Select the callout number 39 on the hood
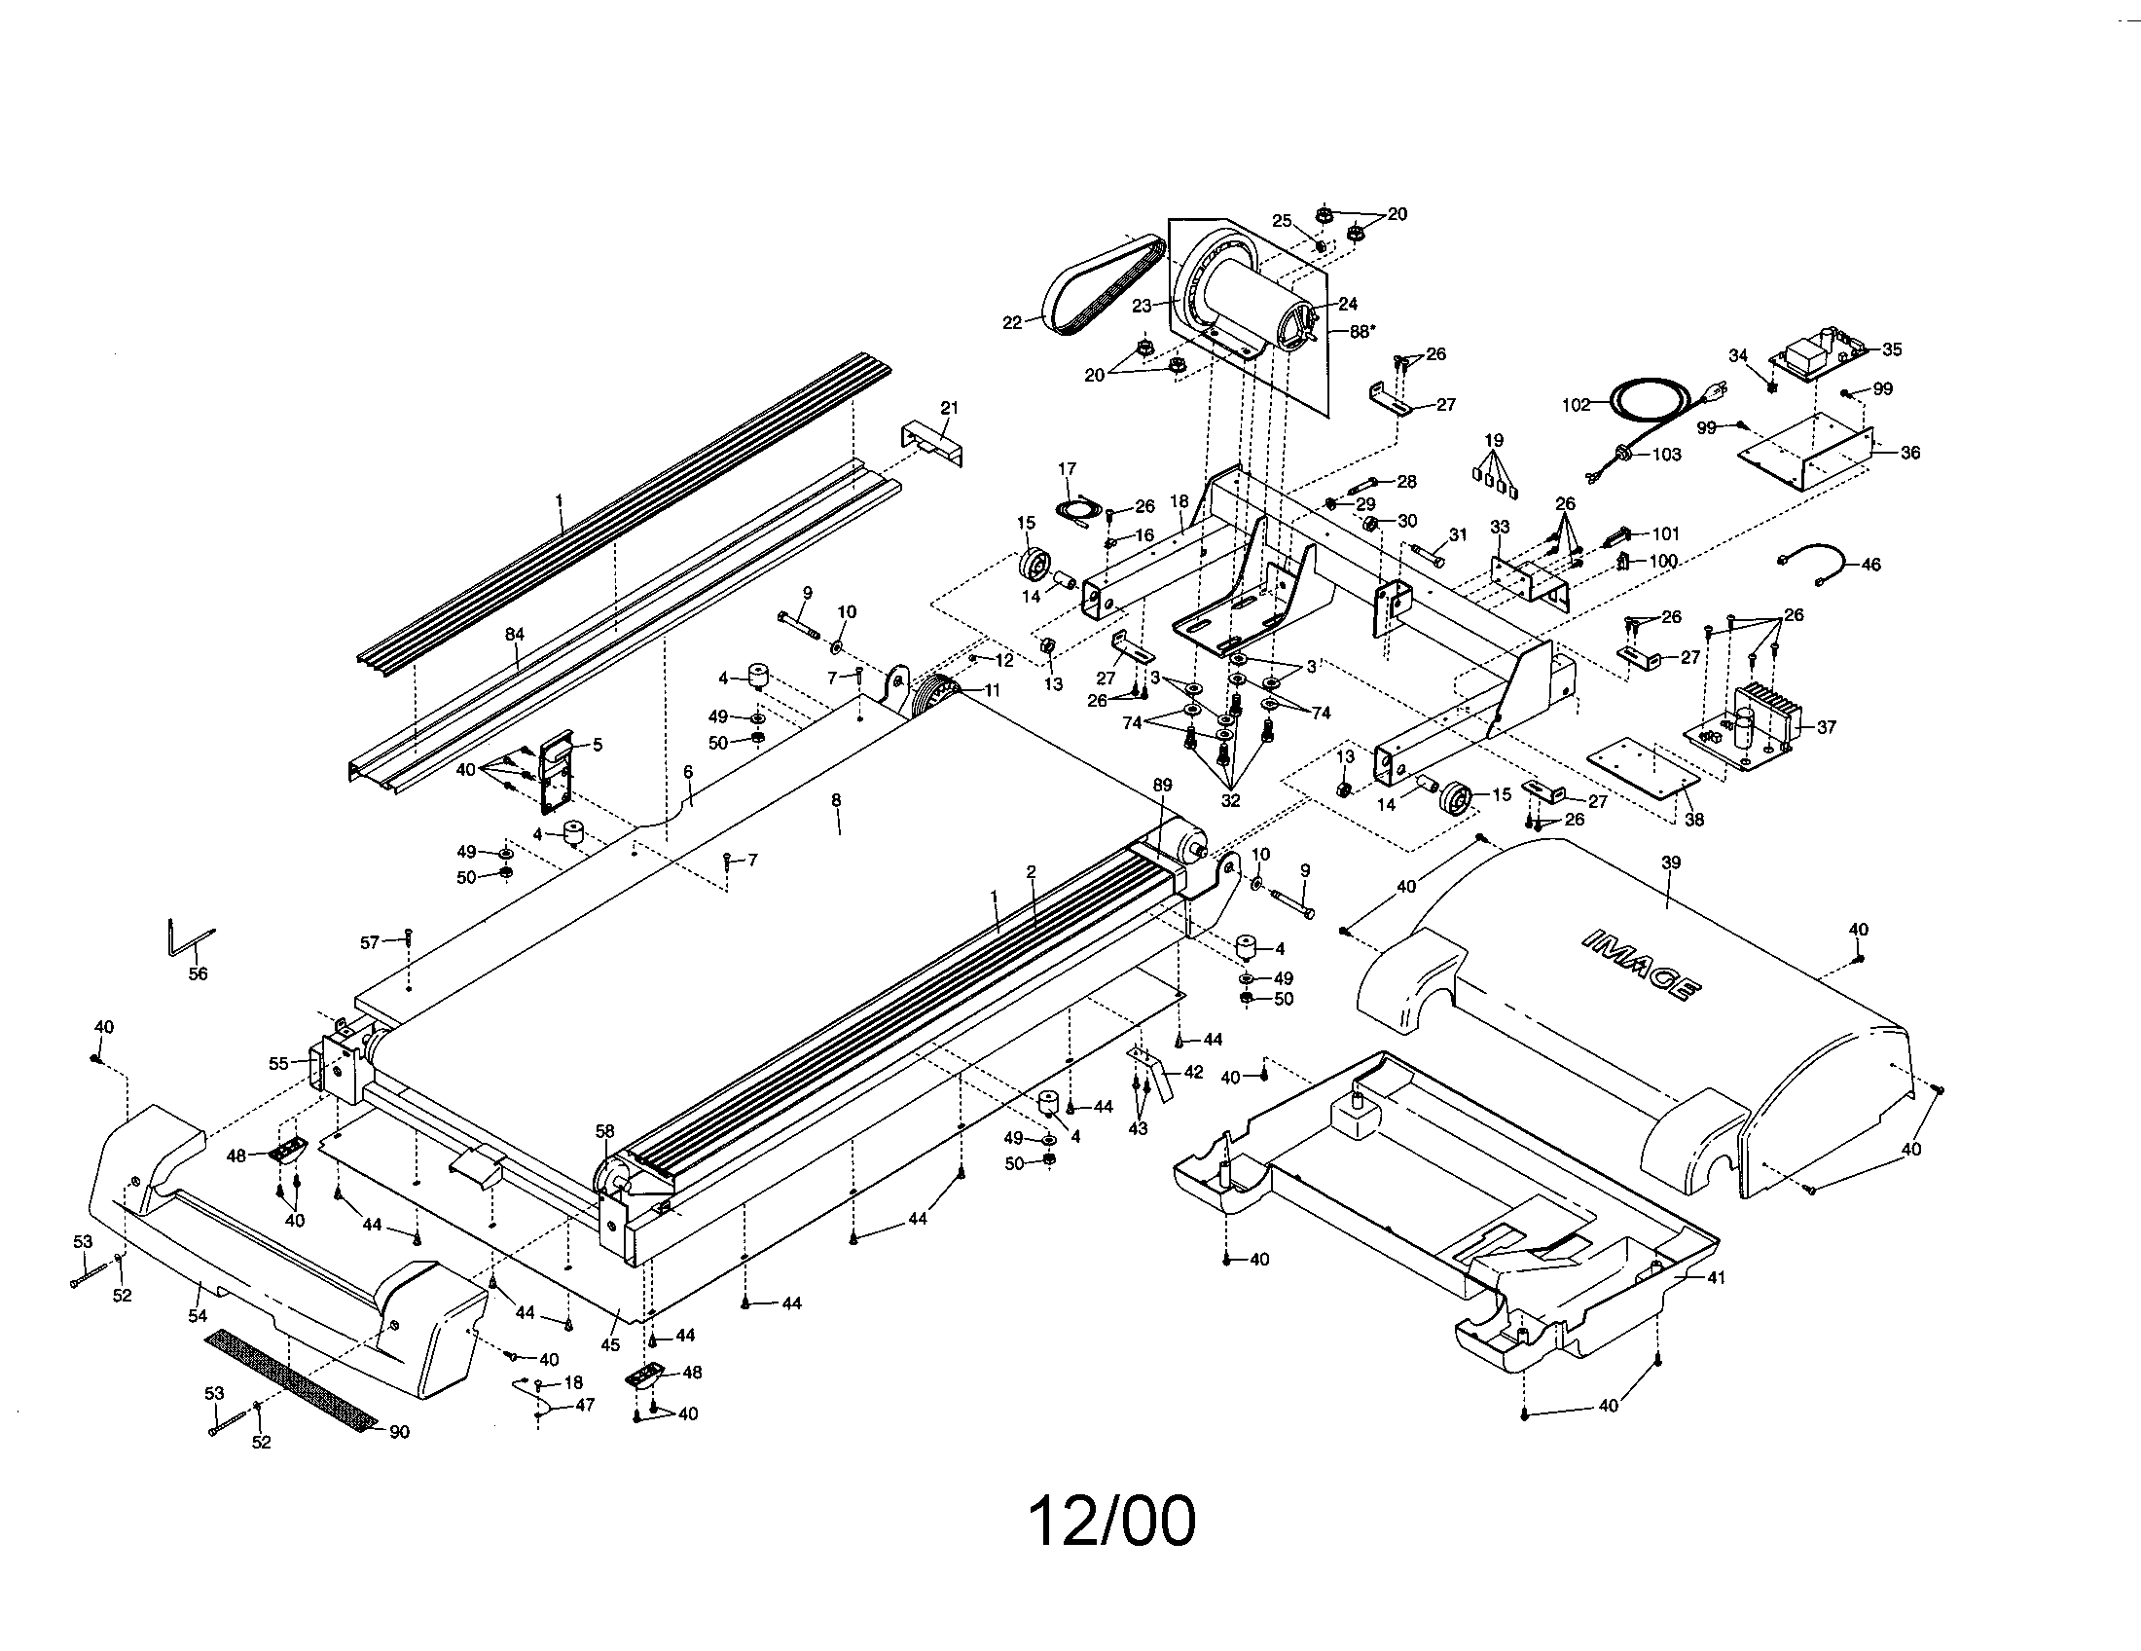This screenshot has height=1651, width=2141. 1670,862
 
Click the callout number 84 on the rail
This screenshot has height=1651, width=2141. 515,635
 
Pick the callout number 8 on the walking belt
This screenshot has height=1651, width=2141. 836,800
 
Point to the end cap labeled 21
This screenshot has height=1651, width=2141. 932,441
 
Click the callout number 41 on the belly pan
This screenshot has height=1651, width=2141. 1716,1277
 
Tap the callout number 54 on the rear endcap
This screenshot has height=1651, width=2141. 198,1317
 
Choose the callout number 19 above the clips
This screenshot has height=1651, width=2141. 1494,440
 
